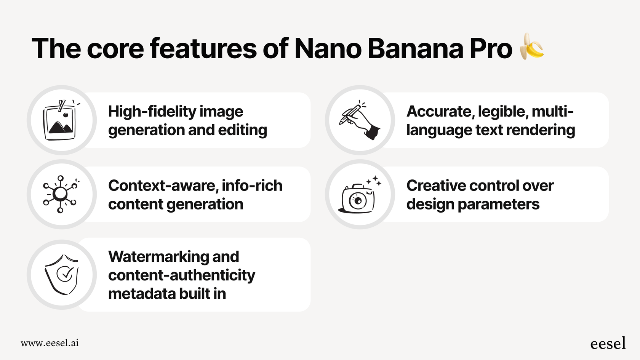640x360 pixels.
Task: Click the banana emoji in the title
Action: pyautogui.click(x=532, y=46)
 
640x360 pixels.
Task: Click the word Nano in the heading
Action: pyautogui.click(x=328, y=49)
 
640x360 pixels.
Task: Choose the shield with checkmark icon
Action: pyautogui.click(x=62, y=274)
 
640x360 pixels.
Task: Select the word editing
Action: pyautogui.click(x=242, y=130)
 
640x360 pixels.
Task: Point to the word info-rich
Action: pyautogui.click(x=252, y=186)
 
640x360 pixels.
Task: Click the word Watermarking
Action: pyautogui.click(x=158, y=257)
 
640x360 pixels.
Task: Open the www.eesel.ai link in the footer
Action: pyautogui.click(x=50, y=343)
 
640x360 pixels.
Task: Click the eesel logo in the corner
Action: pyautogui.click(x=608, y=343)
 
